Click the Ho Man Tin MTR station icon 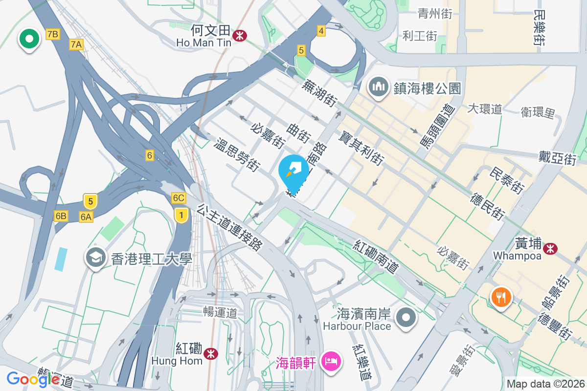coord(240,35)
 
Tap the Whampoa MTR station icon coord(551,249)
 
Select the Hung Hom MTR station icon coord(211,352)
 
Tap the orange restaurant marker coord(500,296)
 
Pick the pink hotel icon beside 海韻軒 coord(331,362)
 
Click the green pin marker coord(29,39)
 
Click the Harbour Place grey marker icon coord(406,318)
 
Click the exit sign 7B coord(52,34)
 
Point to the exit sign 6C coord(179,198)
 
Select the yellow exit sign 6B coord(61,216)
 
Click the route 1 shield coord(181,215)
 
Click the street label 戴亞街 coord(557,157)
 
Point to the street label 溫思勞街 coord(237,155)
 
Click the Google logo coord(33,379)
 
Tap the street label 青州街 coord(435,14)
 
